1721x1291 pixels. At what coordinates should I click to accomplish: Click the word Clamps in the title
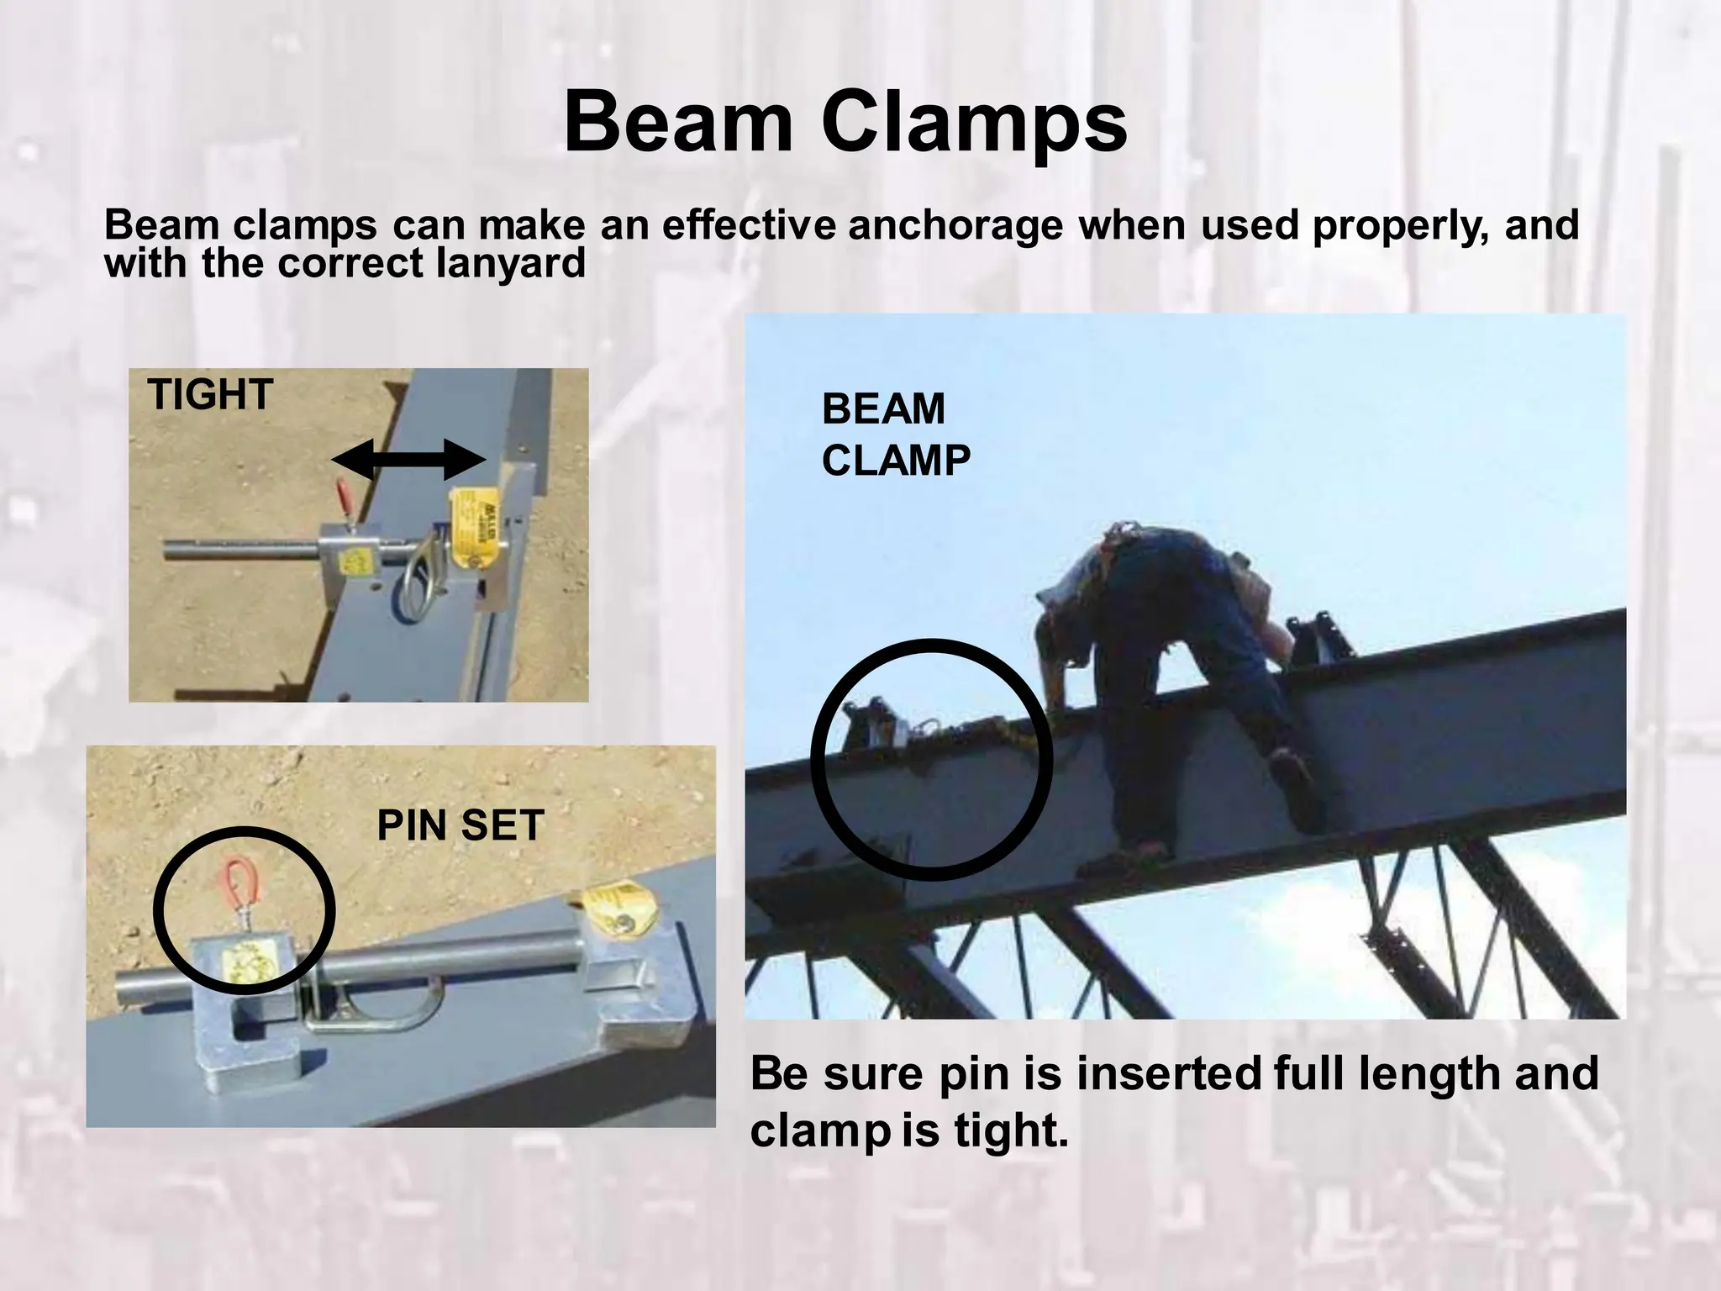[974, 124]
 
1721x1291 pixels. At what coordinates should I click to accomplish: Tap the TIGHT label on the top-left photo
[210, 394]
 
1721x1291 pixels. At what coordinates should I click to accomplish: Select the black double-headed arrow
[409, 460]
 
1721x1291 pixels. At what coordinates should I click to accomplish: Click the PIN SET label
[461, 825]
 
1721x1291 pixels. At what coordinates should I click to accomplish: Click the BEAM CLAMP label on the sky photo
[895, 435]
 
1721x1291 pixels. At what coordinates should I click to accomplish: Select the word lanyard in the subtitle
[511, 263]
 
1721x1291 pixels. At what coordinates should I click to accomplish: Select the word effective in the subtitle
[749, 225]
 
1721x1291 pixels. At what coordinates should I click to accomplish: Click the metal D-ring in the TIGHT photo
[417, 580]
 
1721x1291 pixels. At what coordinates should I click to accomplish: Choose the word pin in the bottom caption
[974, 1075]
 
